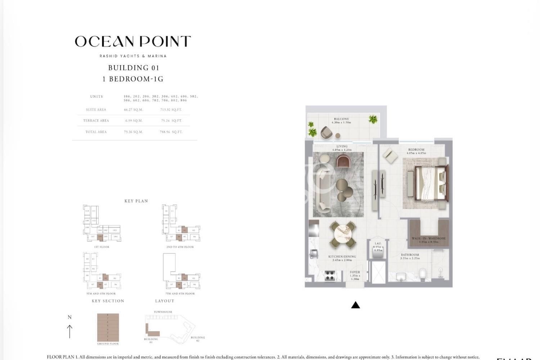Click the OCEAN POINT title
[x=133, y=42]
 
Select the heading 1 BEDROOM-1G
[x=133, y=79]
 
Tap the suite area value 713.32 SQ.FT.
[x=171, y=110]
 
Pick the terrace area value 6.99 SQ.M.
[x=134, y=121]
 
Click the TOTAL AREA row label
[x=96, y=132]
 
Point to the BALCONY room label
[x=341, y=119]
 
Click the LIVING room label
[x=342, y=147]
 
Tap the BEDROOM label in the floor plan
[x=416, y=150]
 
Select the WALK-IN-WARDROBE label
[x=429, y=238]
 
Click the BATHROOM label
[x=410, y=255]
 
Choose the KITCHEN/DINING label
[x=342, y=257]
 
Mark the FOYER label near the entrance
[x=355, y=273]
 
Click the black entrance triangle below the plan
[x=355, y=305]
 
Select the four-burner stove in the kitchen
[x=330, y=275]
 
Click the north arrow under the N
[x=69, y=331]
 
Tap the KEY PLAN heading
[x=136, y=201]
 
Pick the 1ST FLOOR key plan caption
[x=102, y=247]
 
